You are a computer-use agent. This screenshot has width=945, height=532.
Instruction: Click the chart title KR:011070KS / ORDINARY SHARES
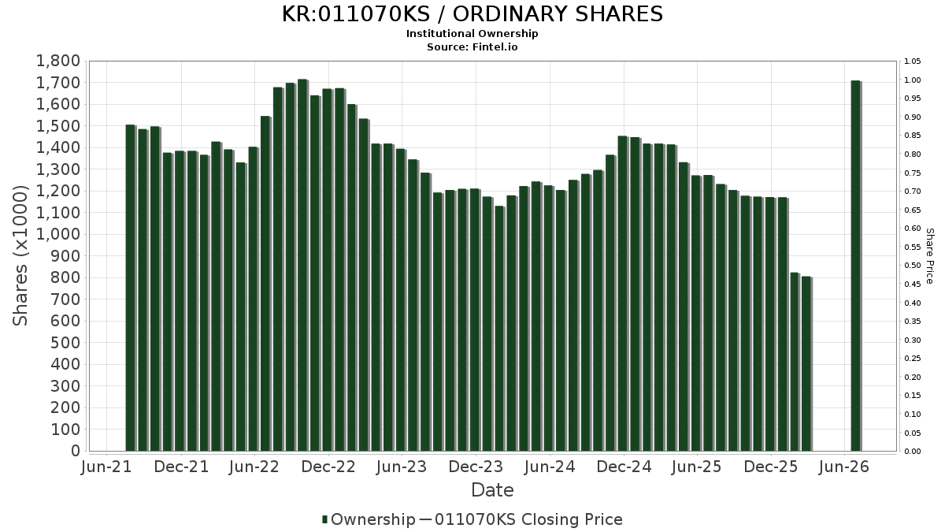[x=472, y=14]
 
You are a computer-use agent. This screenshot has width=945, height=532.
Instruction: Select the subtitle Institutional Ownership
[x=472, y=33]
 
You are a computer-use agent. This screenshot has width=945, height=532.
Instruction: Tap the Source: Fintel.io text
[x=472, y=47]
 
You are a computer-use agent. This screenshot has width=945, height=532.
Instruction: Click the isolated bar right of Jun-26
[x=856, y=266]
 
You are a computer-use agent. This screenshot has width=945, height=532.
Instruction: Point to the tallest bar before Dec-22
[x=303, y=265]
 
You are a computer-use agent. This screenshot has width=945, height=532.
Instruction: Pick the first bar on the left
[x=131, y=288]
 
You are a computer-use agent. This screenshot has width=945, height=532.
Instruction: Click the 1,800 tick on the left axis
[x=58, y=61]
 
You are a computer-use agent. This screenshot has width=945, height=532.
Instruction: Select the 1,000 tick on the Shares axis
[x=58, y=234]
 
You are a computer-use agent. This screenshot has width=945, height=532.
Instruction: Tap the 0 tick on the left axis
[x=76, y=451]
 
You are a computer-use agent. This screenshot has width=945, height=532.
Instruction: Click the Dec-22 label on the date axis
[x=328, y=467]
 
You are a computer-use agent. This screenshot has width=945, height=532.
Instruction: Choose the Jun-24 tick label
[x=550, y=467]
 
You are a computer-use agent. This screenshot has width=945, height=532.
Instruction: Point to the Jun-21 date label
[x=106, y=467]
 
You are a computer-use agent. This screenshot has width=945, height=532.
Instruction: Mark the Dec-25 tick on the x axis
[x=771, y=467]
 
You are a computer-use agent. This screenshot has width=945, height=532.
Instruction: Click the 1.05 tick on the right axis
[x=913, y=61]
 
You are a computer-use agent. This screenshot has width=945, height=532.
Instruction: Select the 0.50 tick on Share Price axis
[x=913, y=266]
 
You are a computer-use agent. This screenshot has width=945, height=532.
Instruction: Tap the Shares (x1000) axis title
[x=20, y=256]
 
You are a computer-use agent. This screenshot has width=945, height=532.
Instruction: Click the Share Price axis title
[x=929, y=256]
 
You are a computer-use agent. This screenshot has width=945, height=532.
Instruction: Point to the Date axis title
[x=492, y=490]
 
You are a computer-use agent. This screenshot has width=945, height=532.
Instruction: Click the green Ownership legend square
[x=324, y=519]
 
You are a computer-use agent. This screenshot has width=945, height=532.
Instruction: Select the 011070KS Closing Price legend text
[x=528, y=519]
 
